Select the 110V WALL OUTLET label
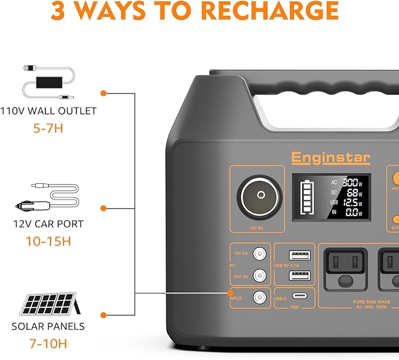(x=48, y=110)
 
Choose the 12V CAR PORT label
(x=48, y=224)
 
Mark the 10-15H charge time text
(x=48, y=241)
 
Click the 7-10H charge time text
(x=48, y=342)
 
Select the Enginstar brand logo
(x=323, y=157)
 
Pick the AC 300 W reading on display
(x=347, y=182)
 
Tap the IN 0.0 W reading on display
(x=347, y=213)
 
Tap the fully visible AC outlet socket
(x=343, y=269)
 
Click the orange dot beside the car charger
(x=103, y=208)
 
